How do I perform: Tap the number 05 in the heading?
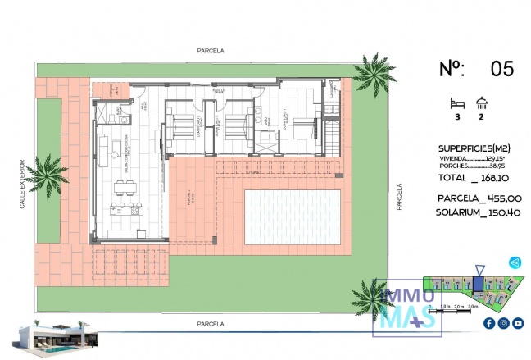pos(501,69)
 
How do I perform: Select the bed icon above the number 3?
pos(458,103)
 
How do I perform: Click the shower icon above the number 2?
pos(483,103)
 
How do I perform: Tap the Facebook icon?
pos(489,323)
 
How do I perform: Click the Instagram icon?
pos(503,323)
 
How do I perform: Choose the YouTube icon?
pos(517,323)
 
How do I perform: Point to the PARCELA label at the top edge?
pos(211,51)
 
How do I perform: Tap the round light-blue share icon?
pos(515,262)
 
